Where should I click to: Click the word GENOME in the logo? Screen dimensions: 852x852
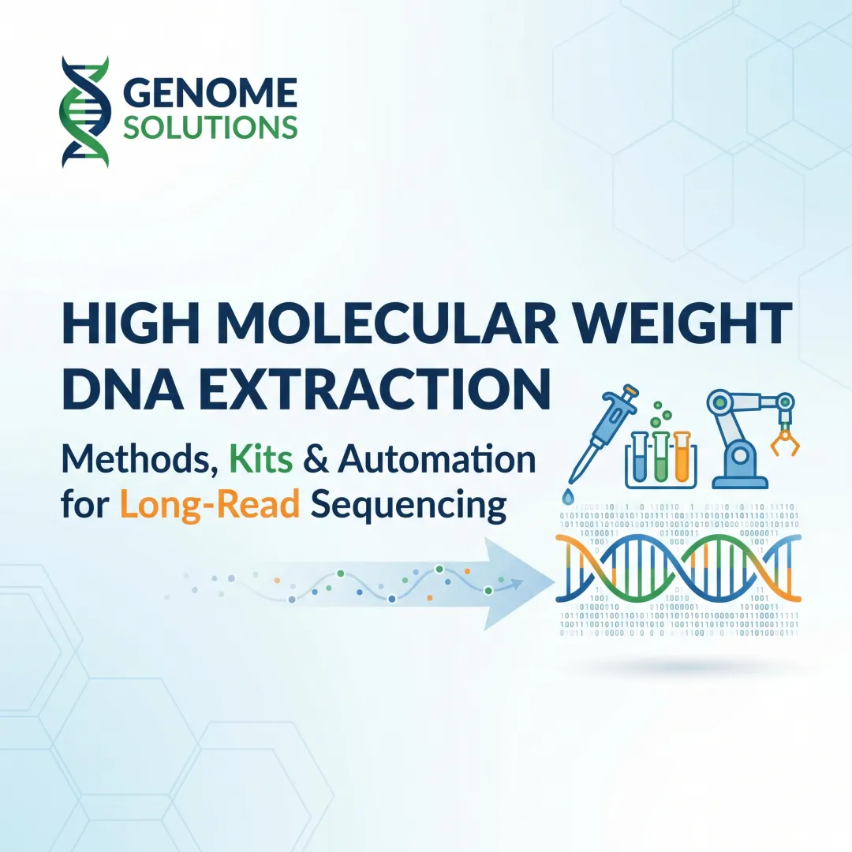(x=211, y=93)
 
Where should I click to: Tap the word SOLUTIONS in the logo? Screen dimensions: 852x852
(x=211, y=126)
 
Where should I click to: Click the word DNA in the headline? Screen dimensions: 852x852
(x=115, y=390)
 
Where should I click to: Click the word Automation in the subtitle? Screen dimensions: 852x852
(x=437, y=459)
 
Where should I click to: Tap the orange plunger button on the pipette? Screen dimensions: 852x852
(x=630, y=390)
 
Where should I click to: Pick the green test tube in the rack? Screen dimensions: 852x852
(x=660, y=458)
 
